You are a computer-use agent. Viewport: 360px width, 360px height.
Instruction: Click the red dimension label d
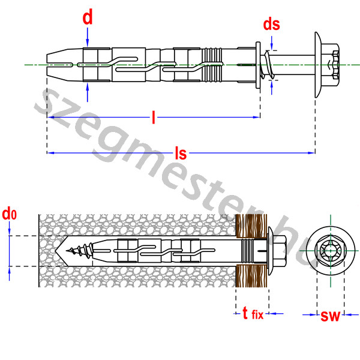tap(88, 18)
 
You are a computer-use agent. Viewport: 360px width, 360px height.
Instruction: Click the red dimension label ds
tap(271, 25)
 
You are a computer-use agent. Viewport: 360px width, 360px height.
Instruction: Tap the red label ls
tap(180, 154)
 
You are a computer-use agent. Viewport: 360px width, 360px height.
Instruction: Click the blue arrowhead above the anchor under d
tap(88, 43)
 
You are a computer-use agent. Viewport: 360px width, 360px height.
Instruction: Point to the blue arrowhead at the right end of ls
tap(312, 152)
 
